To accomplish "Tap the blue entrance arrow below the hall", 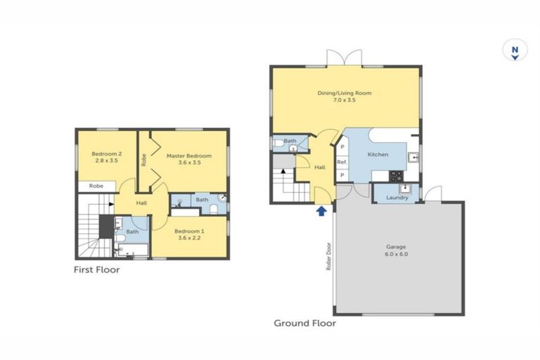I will coord(321,210).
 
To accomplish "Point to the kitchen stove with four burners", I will coord(397,176).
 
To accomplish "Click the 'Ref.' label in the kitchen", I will coord(342,162).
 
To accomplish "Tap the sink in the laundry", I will coord(405,188).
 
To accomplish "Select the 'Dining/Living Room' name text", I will coord(345,93).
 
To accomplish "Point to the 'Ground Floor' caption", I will coord(304,323).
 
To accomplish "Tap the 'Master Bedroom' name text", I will coord(188,155).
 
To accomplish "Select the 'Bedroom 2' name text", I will coord(106,154).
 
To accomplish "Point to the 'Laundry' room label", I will coord(397,198).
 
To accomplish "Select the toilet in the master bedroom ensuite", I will coord(214,209).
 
